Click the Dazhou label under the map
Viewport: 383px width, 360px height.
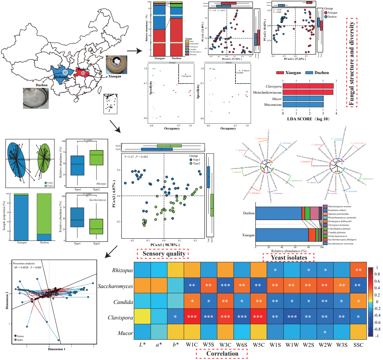click(x=42, y=85)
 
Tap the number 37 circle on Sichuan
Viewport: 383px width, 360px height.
click(x=65, y=72)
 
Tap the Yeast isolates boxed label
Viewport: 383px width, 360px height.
click(x=289, y=258)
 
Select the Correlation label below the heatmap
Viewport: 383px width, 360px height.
click(x=222, y=354)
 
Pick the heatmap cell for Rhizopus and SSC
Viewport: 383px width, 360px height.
click(x=358, y=270)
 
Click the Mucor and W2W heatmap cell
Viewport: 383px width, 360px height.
click(x=325, y=333)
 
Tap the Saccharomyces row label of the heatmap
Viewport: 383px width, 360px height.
click(x=115, y=286)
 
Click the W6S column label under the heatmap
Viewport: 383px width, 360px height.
click(x=242, y=344)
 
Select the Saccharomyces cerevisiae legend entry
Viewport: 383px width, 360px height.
click(x=340, y=243)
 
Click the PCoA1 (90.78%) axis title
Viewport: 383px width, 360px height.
click(x=164, y=245)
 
